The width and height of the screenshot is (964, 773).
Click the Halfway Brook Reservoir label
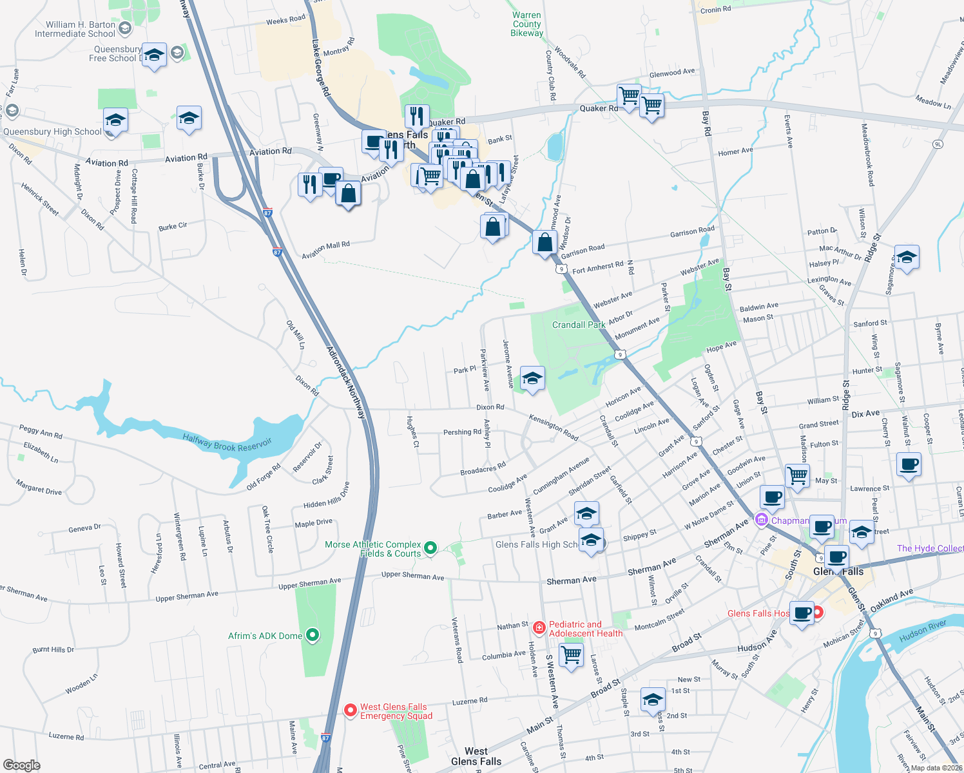227,443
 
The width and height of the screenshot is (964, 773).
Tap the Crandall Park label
578,325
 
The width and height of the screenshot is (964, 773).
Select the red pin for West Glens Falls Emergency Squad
351,710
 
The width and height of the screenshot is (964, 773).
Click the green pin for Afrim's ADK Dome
313,636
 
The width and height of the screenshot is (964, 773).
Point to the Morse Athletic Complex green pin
430,548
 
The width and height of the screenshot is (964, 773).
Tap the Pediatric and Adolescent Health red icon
539,627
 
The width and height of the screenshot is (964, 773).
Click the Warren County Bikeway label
526,24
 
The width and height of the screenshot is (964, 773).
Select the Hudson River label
923,631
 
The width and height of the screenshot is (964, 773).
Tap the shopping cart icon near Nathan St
572,655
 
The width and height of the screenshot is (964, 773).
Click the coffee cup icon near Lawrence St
909,464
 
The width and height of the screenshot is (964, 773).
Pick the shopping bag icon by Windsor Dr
545,243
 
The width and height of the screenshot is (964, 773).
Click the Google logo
22,765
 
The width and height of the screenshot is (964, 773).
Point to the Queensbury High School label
52,132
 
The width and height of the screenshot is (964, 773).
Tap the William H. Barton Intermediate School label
75,29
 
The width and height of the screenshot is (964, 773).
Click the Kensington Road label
553,426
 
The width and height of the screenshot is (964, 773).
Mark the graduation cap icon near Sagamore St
906,257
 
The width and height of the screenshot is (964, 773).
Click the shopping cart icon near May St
798,476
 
